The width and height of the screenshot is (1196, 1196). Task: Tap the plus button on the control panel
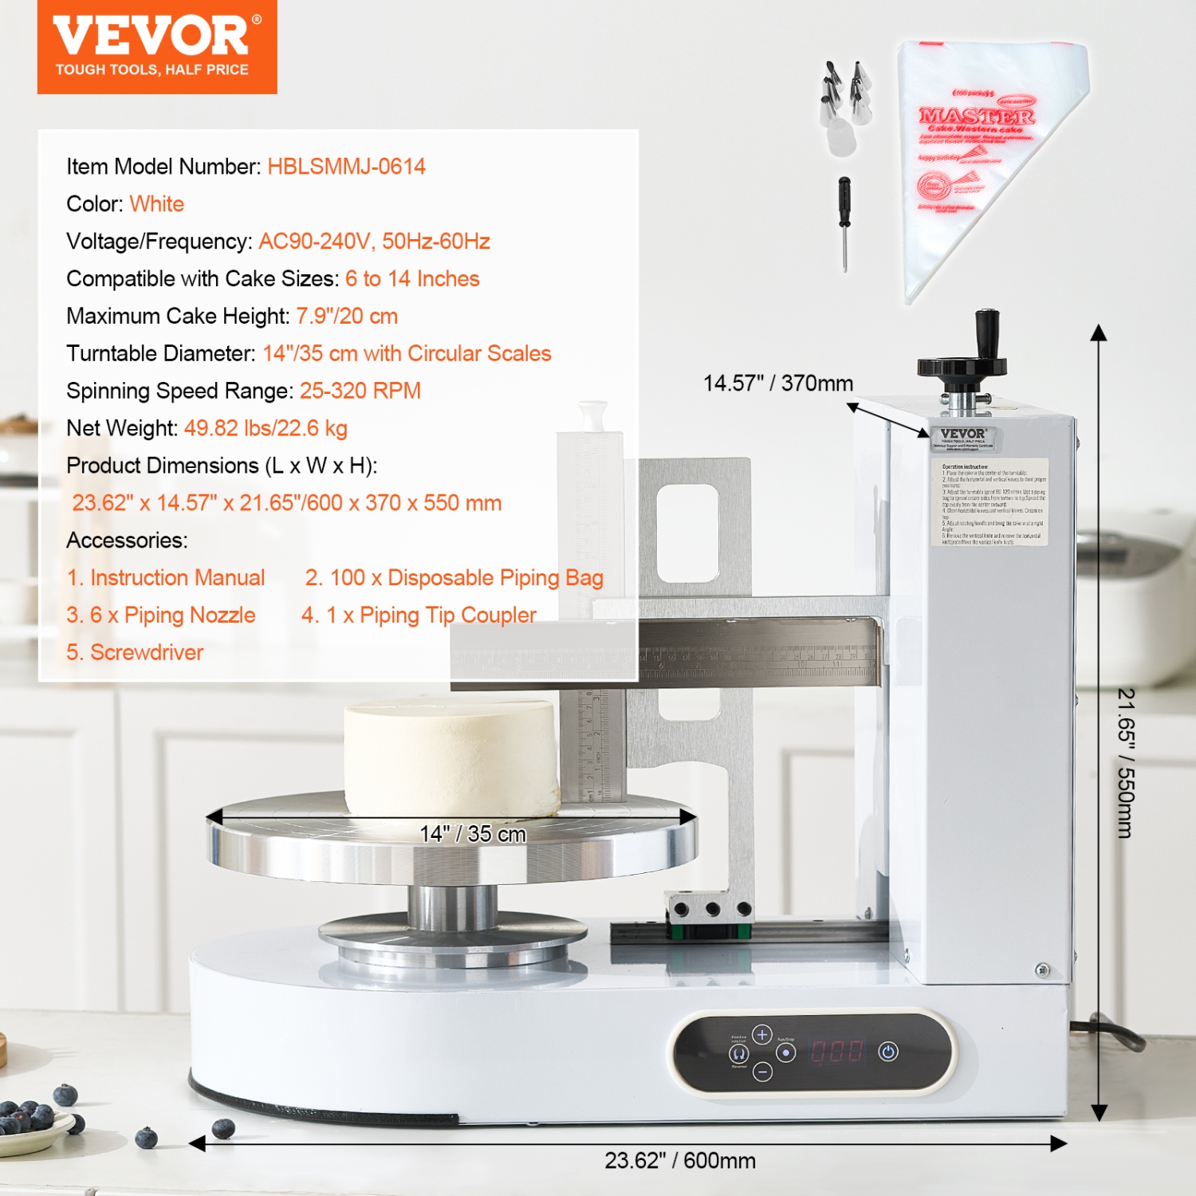pos(762,1034)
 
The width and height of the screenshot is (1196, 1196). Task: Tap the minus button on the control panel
pos(762,1072)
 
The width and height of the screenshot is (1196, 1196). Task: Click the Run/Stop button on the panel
pos(786,1053)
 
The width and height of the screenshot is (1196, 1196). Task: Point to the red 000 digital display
pos(836,1052)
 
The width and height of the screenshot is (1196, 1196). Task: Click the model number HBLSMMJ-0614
pos(346,167)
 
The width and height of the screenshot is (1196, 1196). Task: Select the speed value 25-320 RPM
pos(360,391)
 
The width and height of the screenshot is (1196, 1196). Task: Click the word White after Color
pos(157,204)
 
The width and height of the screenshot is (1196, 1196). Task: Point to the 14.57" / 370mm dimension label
pos(777,384)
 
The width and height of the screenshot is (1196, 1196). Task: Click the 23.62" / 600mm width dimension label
pos(679,1160)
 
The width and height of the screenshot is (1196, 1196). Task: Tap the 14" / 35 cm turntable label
pos(473,834)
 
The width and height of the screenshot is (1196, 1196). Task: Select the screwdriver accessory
pos(844,222)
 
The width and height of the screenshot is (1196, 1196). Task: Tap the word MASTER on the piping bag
pos(977,116)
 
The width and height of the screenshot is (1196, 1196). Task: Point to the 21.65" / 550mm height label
pos(1125,763)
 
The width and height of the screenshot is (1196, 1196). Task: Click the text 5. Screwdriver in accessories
pos(135,652)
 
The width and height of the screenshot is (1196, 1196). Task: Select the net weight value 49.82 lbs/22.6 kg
pos(266,428)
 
